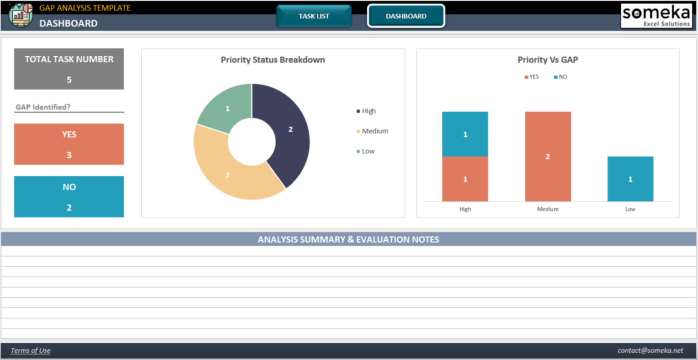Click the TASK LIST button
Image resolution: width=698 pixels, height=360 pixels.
click(314, 16)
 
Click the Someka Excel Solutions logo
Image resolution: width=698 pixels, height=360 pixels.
click(656, 16)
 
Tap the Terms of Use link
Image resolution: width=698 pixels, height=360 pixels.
click(30, 350)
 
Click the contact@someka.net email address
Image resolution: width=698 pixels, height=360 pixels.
click(650, 350)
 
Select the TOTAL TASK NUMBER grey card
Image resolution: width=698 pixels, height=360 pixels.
click(69, 69)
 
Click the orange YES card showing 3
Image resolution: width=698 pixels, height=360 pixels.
click(69, 144)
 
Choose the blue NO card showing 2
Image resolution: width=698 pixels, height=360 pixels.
click(69, 196)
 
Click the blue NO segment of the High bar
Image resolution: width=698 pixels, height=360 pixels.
click(465, 134)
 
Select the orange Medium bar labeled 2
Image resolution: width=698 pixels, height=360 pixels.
click(548, 156)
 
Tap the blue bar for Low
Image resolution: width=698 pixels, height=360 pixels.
click(630, 179)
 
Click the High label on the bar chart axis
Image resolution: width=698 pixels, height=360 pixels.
click(465, 209)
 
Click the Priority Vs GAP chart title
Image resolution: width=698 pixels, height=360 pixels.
click(548, 60)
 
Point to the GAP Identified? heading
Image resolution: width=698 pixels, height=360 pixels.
click(43, 107)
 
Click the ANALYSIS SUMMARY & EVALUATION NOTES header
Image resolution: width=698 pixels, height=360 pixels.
click(349, 240)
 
